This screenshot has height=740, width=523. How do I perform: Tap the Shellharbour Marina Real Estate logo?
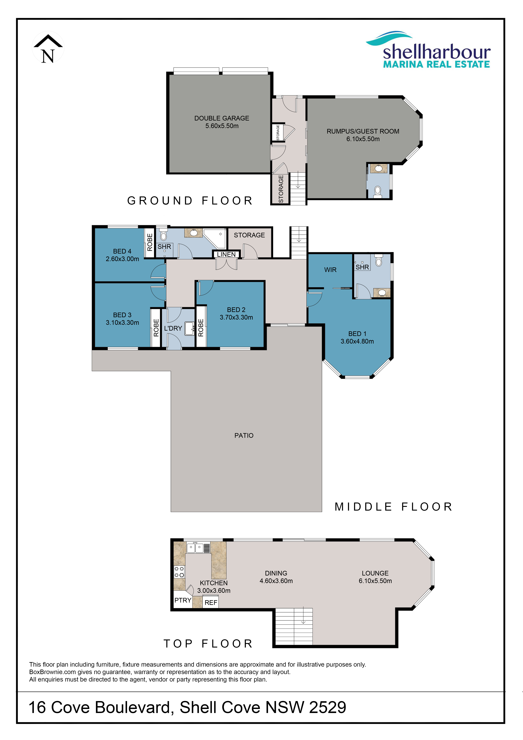[x=428, y=50]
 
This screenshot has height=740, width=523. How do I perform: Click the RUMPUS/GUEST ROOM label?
[x=363, y=132]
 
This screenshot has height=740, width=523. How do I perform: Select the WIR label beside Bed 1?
[x=330, y=270]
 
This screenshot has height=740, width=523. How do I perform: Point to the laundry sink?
[x=189, y=328]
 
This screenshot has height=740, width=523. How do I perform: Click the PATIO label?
[x=244, y=435]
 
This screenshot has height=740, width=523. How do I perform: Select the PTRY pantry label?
[x=183, y=600]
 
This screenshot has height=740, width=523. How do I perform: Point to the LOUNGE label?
[x=375, y=573]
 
